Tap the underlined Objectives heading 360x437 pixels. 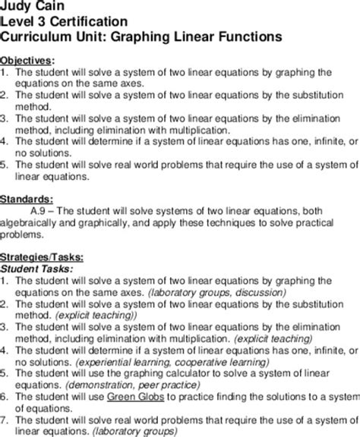click(x=28, y=60)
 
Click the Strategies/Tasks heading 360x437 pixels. click(x=42, y=256)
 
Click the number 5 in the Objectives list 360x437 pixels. click(x=5, y=164)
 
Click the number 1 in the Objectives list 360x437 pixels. click(x=5, y=72)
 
